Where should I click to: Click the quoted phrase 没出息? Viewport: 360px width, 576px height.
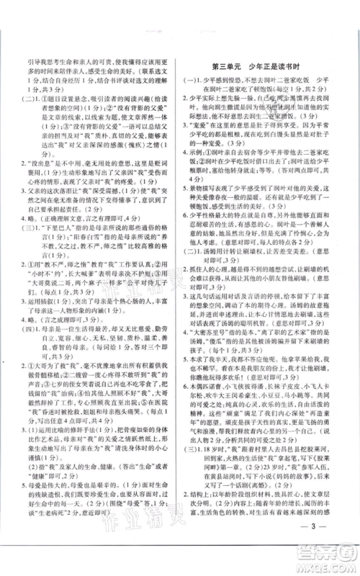coord(55,183)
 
